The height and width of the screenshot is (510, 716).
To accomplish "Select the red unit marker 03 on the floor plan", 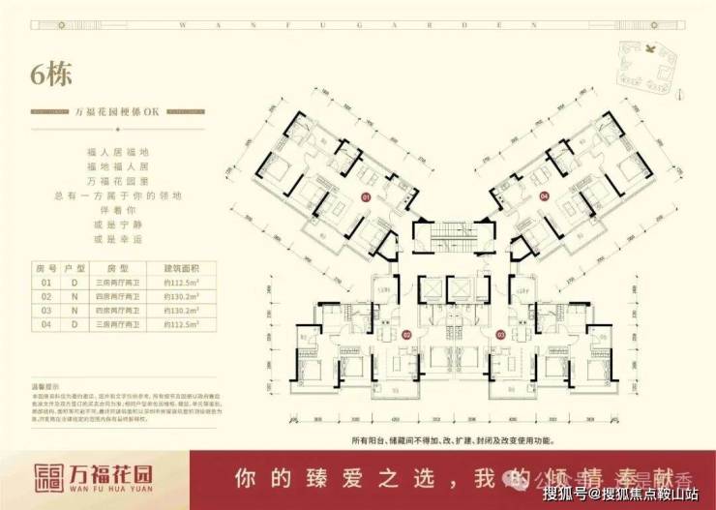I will [502, 335].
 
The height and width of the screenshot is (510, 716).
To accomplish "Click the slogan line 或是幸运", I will [115, 238].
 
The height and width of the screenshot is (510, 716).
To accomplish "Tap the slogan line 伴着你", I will [115, 208].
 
